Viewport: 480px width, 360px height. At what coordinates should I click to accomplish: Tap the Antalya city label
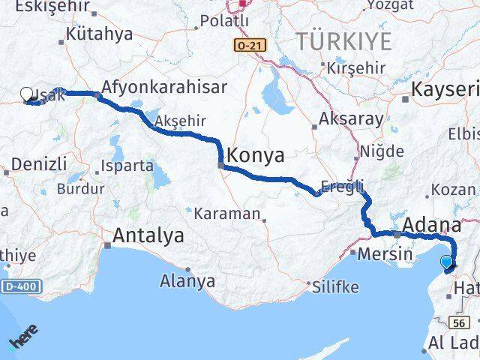tap(148, 236)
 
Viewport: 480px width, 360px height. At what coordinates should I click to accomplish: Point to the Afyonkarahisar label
tap(163, 87)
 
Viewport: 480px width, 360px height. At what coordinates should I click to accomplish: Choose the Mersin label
tap(385, 253)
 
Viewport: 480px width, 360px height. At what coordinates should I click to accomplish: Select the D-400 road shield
tap(22, 286)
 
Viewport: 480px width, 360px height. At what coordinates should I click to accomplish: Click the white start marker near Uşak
tap(27, 94)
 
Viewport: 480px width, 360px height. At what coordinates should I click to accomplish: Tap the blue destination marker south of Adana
tap(447, 262)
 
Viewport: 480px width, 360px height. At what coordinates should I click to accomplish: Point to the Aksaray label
tap(351, 118)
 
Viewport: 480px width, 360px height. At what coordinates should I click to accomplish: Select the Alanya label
tap(187, 282)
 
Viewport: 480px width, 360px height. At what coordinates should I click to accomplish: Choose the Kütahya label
tap(99, 34)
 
